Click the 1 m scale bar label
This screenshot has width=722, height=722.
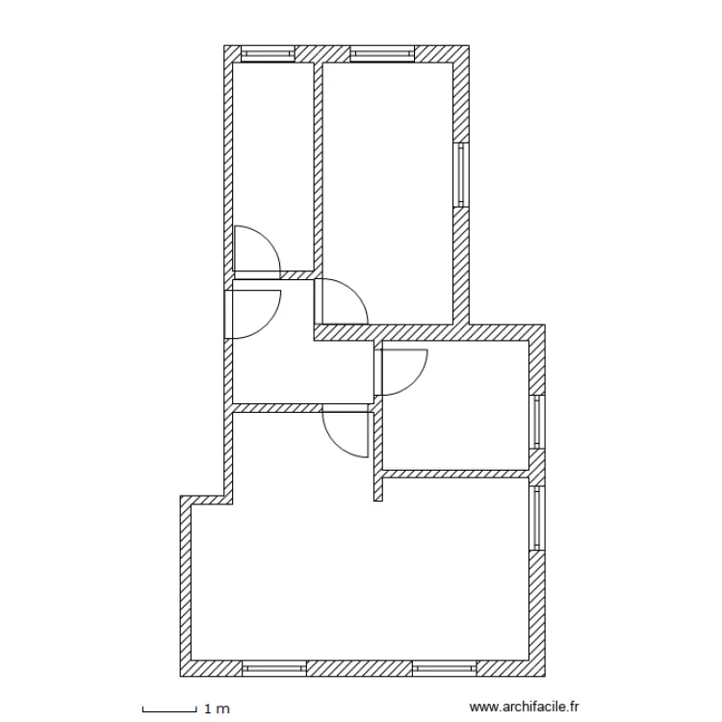218,709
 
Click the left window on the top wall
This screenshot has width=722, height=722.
267,54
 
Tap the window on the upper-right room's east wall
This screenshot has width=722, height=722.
460,175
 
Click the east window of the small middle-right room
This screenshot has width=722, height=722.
538,422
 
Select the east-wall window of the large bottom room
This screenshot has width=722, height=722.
537,518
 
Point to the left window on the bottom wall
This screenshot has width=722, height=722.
273,668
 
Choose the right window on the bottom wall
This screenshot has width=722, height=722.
445,668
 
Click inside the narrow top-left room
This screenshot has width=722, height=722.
272,154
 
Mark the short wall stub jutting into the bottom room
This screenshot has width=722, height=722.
378,486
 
